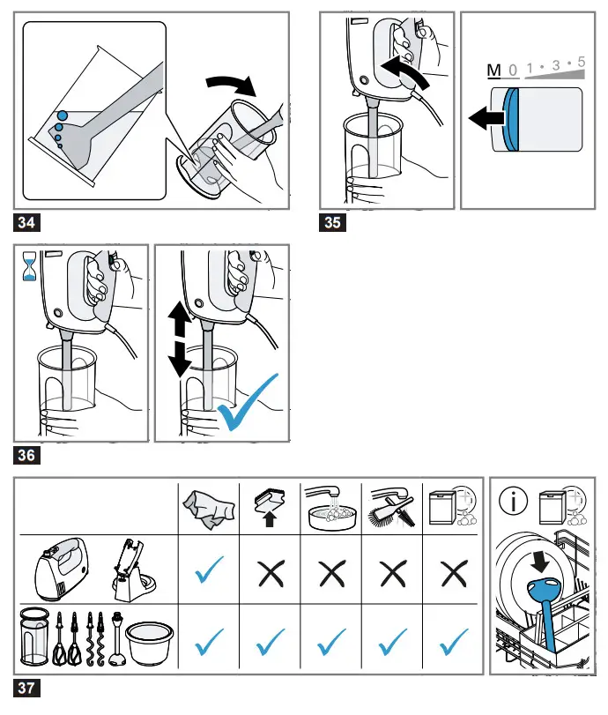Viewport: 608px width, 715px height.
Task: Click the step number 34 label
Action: pos(26,222)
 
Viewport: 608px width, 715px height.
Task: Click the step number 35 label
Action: pos(332,222)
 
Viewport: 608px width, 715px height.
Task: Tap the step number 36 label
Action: pos(26,455)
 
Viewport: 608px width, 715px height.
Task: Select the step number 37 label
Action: pos(26,686)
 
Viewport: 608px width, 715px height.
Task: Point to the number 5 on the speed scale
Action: pos(581,63)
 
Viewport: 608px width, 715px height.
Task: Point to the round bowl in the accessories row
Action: pos(146,642)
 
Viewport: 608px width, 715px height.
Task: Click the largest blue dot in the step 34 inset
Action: pos(63,115)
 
